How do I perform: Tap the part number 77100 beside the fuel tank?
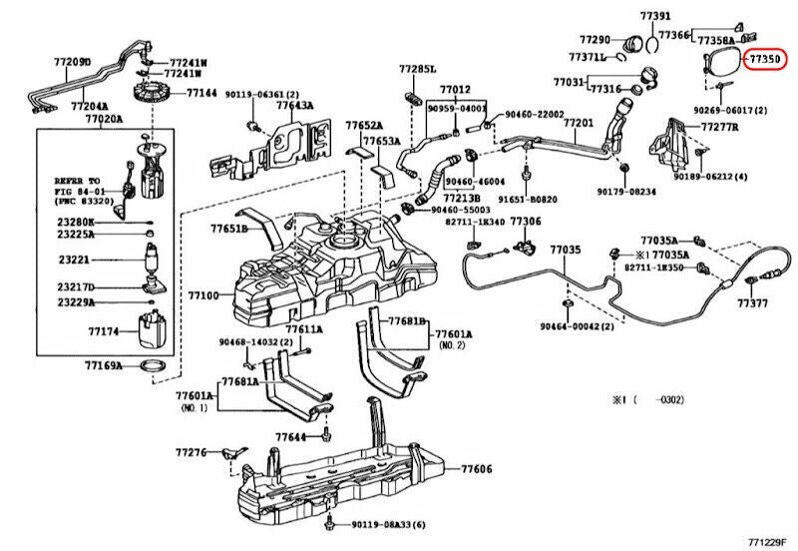(202, 295)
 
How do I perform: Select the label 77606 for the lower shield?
(477, 469)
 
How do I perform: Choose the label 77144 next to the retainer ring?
(200, 93)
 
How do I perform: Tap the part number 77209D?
(71, 62)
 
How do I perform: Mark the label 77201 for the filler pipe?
(579, 122)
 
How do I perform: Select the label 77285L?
(418, 69)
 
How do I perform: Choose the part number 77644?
(291, 437)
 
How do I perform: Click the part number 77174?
(104, 329)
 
